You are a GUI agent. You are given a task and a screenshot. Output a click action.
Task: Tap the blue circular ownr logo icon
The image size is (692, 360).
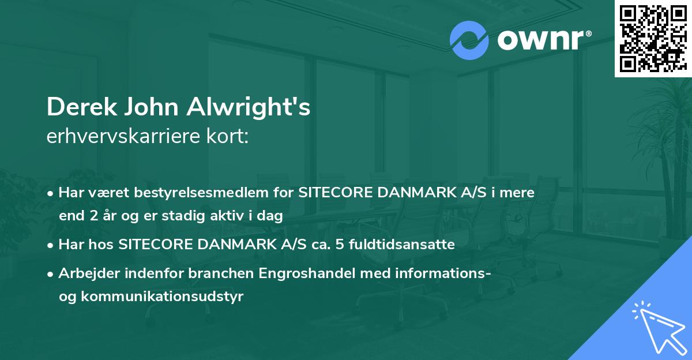click(x=469, y=40)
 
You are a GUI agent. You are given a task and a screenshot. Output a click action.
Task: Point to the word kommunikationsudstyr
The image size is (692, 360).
click(x=164, y=297)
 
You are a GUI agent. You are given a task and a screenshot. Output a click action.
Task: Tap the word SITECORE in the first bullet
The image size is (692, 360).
click(x=336, y=193)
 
